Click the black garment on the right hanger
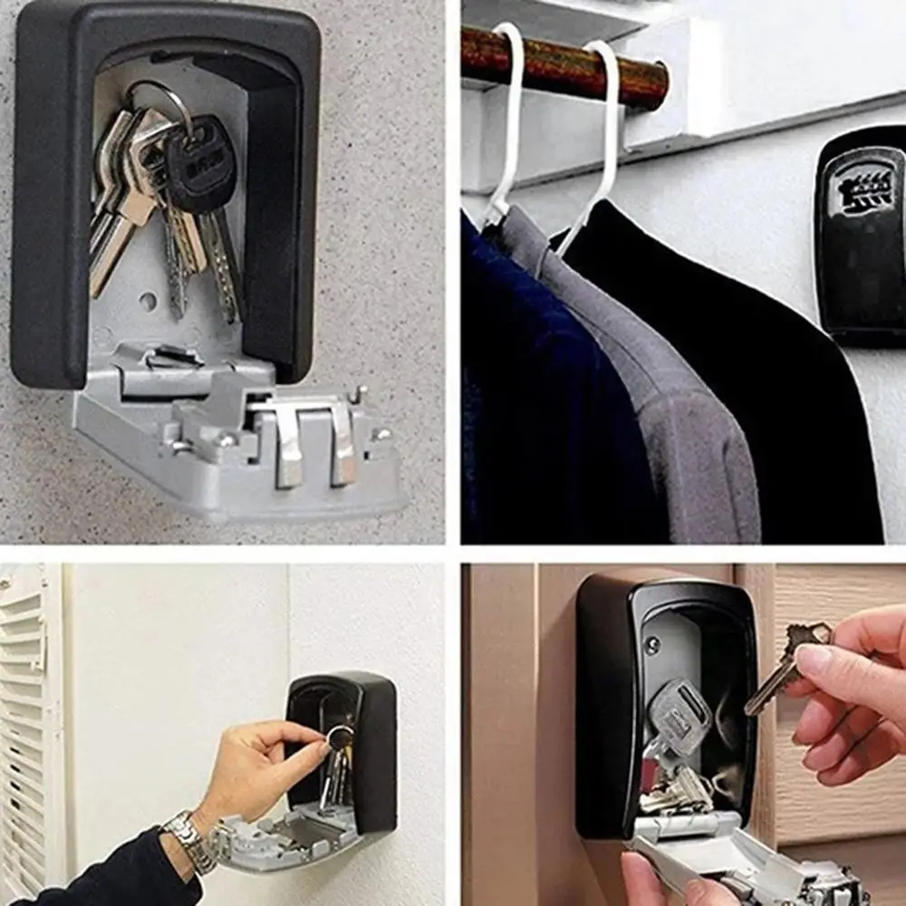click(770, 381)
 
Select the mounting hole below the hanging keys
click(147, 301)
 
